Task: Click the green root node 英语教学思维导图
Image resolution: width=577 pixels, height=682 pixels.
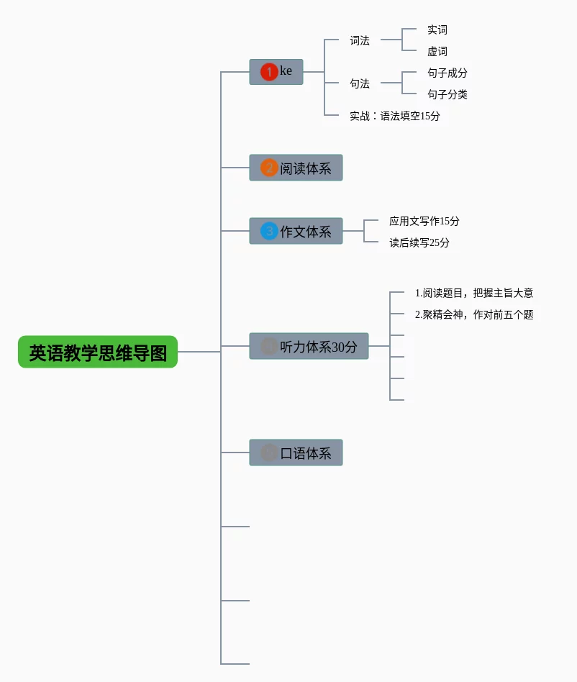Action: click(x=98, y=352)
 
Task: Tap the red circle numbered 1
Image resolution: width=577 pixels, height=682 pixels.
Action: click(x=269, y=72)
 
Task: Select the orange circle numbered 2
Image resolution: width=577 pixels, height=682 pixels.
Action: click(x=269, y=168)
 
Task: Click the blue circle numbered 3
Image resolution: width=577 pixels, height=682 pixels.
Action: click(x=269, y=231)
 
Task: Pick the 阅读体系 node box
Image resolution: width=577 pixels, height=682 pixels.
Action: click(x=296, y=168)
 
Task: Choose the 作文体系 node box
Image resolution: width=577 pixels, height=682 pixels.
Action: click(x=296, y=231)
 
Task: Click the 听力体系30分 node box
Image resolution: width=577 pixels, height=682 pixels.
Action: click(x=309, y=346)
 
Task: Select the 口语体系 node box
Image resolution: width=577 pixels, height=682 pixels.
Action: click(x=296, y=453)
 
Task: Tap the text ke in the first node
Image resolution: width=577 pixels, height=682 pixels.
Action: click(x=286, y=71)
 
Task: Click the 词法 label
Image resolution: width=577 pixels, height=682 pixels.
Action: click(x=360, y=40)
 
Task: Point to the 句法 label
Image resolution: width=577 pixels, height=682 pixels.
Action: click(x=360, y=83)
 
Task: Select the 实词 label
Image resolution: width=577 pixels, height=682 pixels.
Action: click(x=437, y=29)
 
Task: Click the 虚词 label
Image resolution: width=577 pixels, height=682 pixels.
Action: click(x=437, y=51)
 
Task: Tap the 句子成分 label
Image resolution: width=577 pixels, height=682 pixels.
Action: click(x=447, y=73)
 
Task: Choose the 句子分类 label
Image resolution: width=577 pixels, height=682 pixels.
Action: click(x=447, y=94)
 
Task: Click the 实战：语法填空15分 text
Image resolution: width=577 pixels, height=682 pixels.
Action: click(x=395, y=116)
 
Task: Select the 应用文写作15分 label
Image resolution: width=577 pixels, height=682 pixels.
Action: click(x=424, y=221)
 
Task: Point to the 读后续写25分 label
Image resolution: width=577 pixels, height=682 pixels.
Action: click(x=419, y=242)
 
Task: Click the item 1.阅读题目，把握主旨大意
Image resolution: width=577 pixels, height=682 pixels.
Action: click(x=474, y=293)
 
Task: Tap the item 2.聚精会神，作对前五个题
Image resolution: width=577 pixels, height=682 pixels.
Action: click(x=474, y=314)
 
